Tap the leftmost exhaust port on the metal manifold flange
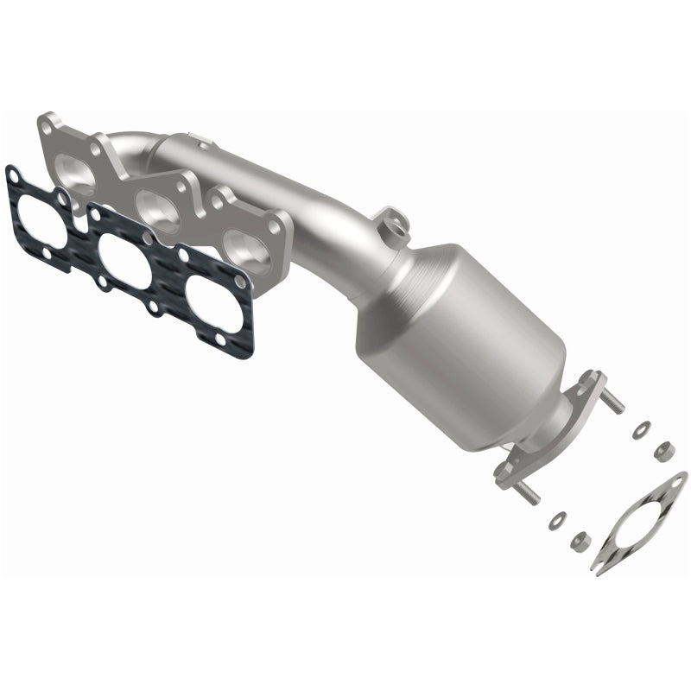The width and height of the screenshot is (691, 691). (79, 168)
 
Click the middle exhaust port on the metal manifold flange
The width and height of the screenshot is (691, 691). (156, 207)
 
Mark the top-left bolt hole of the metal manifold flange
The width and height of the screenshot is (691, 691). (50, 127)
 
